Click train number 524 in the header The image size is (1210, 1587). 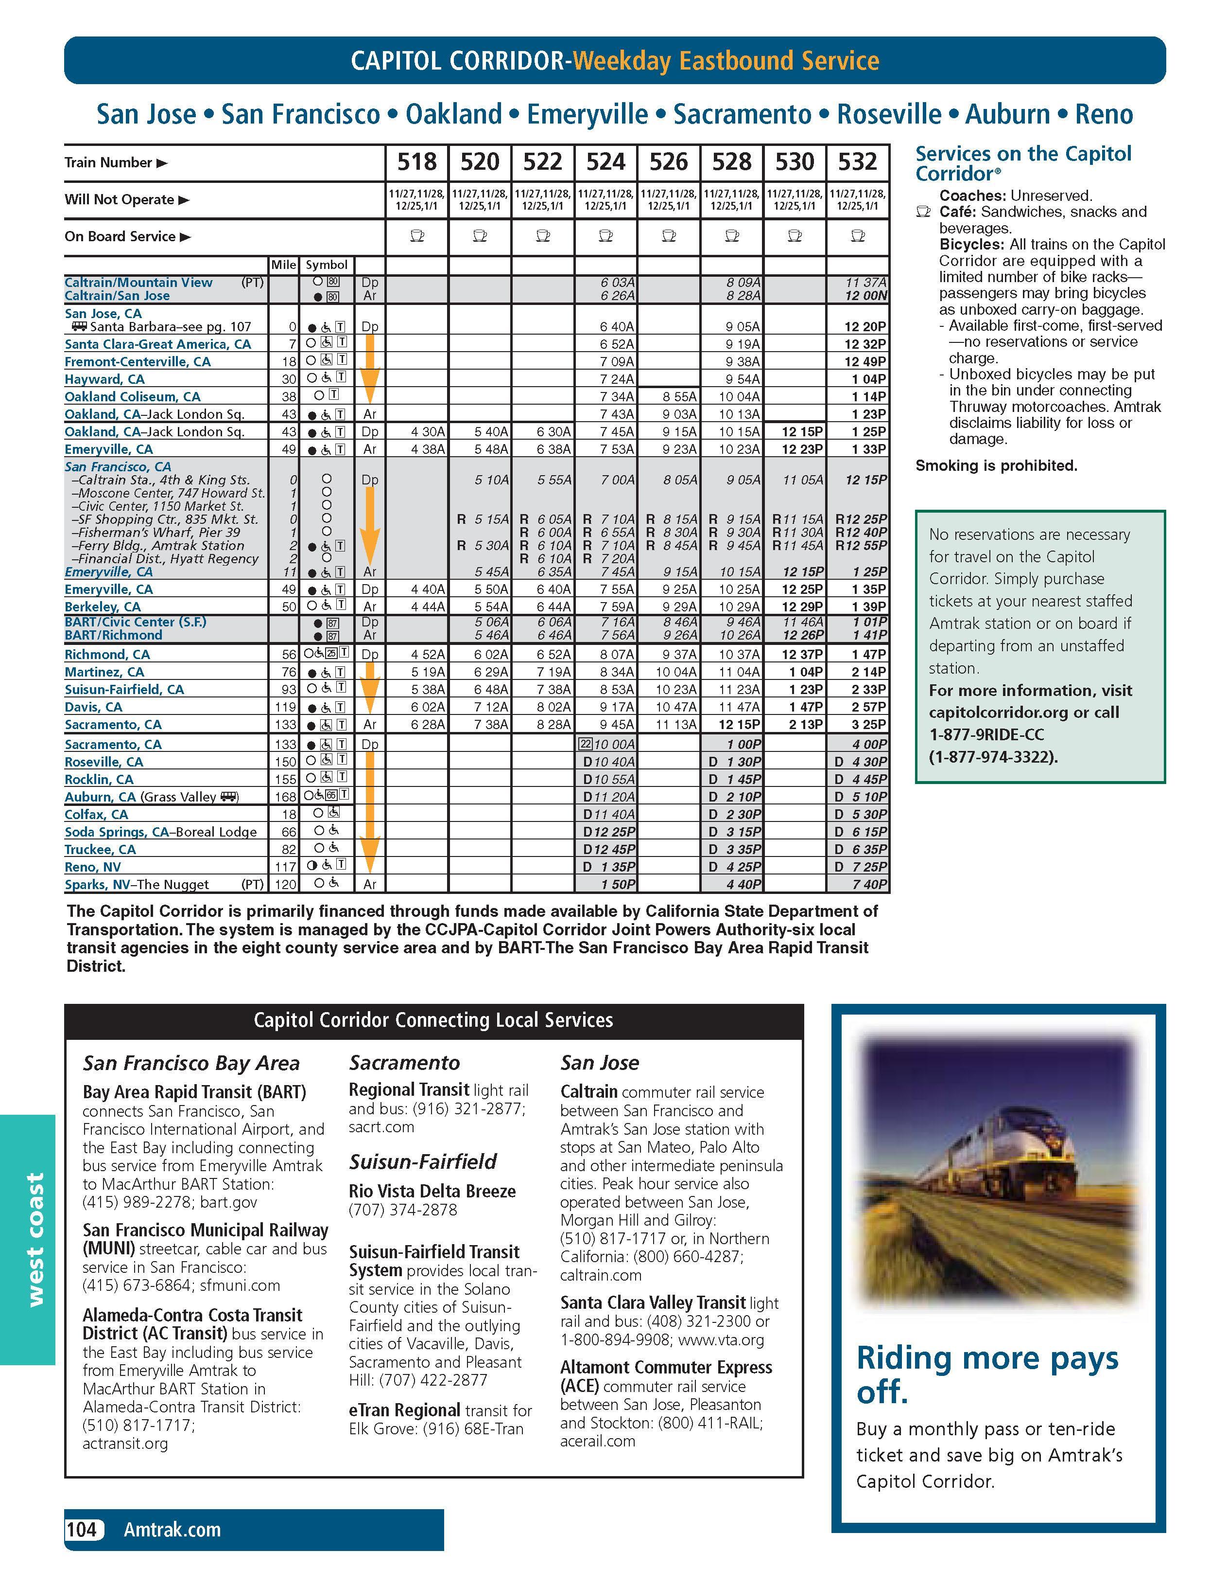tap(605, 162)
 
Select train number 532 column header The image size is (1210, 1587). tap(857, 162)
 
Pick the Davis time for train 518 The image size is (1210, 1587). tap(428, 707)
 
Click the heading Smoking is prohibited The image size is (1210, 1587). tap(996, 465)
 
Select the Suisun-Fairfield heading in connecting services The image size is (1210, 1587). tap(423, 1161)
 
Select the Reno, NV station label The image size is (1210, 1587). tap(93, 867)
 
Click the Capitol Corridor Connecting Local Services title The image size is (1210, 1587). tap(433, 1020)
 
